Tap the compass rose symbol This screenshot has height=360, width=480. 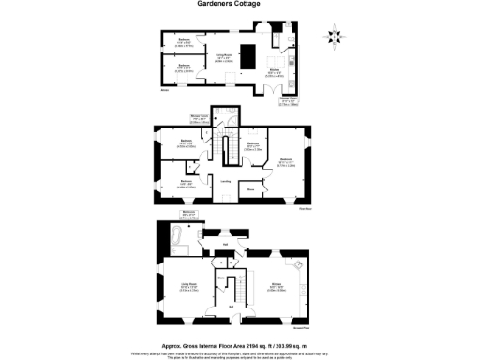pyautogui.click(x=335, y=37)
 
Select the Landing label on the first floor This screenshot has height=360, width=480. pyautogui.click(x=225, y=182)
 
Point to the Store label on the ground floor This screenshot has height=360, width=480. pyautogui.click(x=221, y=277)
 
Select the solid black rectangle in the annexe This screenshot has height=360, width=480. pyautogui.click(x=251, y=52)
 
